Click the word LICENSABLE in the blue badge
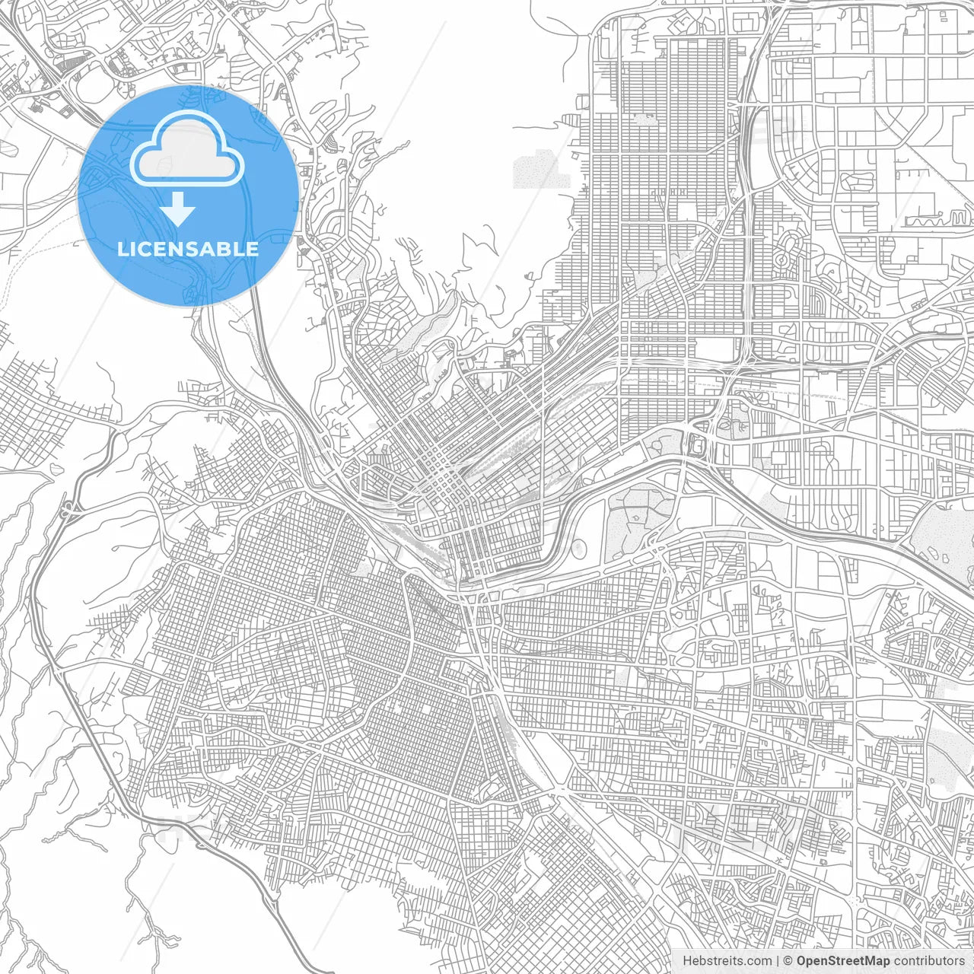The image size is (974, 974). (188, 249)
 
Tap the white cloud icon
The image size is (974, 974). (187, 151)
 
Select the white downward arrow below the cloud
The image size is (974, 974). (178, 208)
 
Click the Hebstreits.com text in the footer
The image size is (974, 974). (727, 961)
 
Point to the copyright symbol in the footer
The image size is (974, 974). (788, 961)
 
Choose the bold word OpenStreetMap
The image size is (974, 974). (843, 961)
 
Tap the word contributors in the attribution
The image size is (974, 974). (929, 961)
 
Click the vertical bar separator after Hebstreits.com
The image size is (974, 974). (778, 961)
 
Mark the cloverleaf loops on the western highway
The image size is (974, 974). (69, 508)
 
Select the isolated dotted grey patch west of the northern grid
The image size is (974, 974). (541, 169)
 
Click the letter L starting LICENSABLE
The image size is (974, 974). (123, 249)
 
